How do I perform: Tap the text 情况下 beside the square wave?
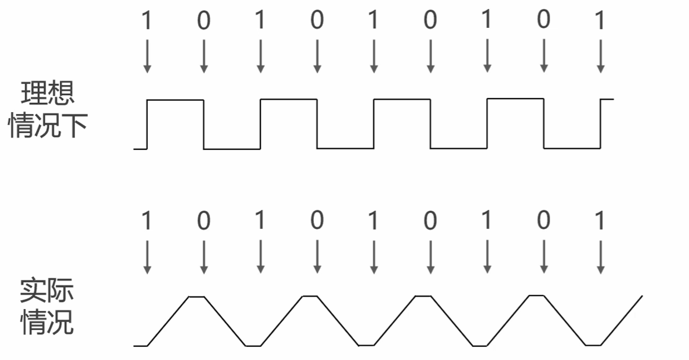(x=49, y=126)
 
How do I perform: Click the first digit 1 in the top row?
(x=147, y=21)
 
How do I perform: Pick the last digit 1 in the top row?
(x=600, y=21)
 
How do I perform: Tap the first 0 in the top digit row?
(x=204, y=21)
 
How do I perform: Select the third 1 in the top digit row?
(x=373, y=21)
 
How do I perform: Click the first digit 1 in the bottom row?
(x=147, y=221)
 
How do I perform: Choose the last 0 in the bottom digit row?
(x=543, y=221)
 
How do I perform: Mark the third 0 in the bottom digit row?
(x=430, y=221)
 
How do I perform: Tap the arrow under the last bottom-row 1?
(x=600, y=258)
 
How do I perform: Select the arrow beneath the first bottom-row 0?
(x=204, y=258)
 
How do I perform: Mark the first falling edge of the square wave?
(x=204, y=125)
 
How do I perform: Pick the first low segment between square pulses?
(x=231, y=149)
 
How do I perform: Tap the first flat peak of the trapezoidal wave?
(x=197, y=295)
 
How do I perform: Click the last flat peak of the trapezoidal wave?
(x=536, y=295)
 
